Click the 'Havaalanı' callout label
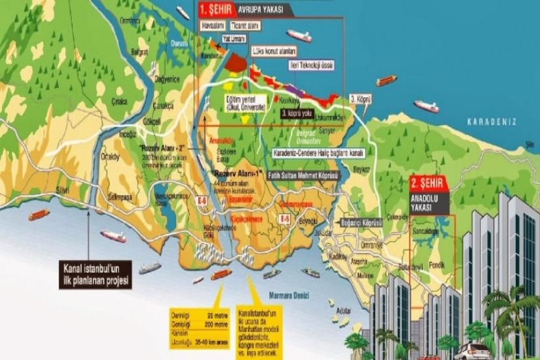tap(213, 27)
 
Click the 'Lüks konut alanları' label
tap(274, 50)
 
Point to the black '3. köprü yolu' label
tap(299, 113)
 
